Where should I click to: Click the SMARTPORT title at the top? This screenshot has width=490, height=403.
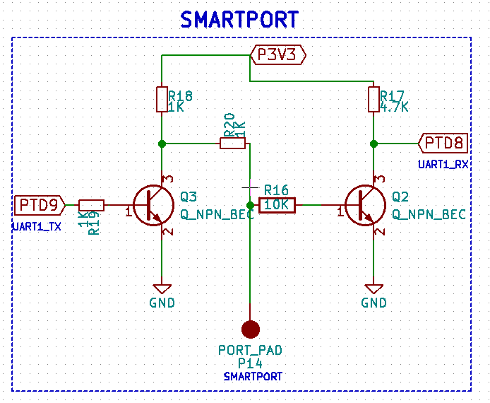(239, 19)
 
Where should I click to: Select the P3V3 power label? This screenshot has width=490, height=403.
(277, 54)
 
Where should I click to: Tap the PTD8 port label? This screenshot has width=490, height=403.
(444, 144)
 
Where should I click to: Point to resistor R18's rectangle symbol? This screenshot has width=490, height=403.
(162, 99)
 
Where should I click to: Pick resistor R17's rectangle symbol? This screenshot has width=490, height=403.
(374, 99)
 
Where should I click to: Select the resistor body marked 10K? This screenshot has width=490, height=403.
(277, 205)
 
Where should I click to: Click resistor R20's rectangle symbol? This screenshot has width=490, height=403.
(232, 144)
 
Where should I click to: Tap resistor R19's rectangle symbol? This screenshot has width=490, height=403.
(91, 205)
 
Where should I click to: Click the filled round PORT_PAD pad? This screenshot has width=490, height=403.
(250, 329)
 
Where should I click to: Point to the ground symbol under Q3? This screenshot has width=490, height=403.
(162, 288)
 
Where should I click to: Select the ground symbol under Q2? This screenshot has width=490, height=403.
(374, 288)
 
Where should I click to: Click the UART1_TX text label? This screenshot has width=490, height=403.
(36, 226)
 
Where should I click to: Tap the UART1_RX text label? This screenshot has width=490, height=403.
(443, 164)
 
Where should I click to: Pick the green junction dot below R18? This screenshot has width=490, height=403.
(162, 144)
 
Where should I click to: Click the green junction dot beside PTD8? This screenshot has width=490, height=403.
(374, 144)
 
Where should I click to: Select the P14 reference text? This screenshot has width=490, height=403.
(250, 363)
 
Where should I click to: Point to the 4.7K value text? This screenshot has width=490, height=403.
(395, 107)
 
